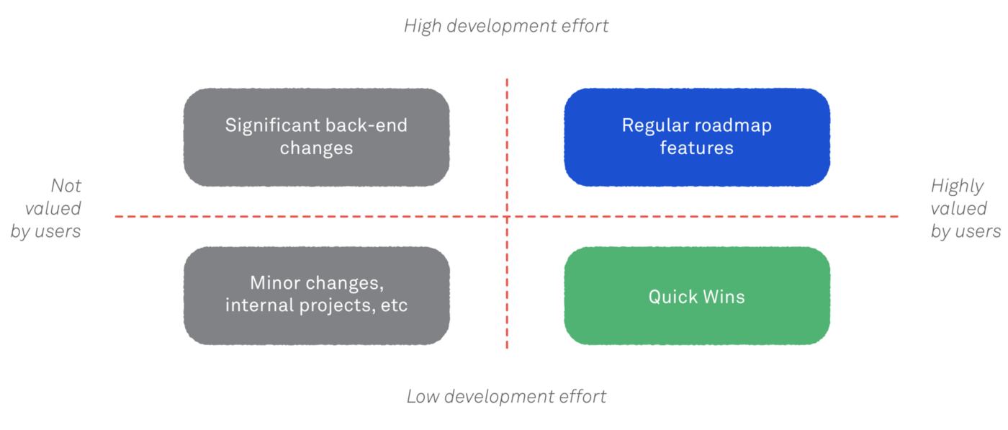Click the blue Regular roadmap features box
(697, 137)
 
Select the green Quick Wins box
(697, 296)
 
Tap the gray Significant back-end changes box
(316, 137)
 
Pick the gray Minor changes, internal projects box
(316, 296)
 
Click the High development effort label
(506, 26)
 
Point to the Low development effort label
(506, 397)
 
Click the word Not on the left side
(66, 186)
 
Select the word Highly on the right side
(957, 187)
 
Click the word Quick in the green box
(672, 297)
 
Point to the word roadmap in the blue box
(735, 125)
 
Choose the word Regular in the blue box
(656, 126)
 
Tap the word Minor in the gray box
(275, 283)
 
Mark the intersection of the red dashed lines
(507, 217)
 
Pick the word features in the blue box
(697, 148)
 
